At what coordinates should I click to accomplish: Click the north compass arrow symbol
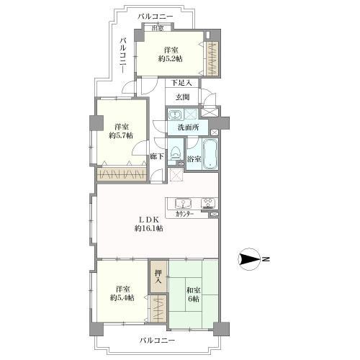250,259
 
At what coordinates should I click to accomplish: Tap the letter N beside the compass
266,259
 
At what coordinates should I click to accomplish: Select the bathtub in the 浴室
210,154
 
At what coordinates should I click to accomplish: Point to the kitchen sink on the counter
184,204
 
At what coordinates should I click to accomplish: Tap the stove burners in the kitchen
209,203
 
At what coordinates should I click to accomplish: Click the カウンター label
184,215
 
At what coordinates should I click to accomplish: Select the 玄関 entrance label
183,97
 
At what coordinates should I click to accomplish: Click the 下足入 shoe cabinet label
181,83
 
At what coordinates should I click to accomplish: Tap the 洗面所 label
188,127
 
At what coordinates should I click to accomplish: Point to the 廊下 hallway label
157,156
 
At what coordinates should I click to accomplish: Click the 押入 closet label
158,276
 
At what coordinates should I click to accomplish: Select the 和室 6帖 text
194,294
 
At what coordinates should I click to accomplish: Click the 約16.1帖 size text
148,228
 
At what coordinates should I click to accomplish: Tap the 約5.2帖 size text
170,58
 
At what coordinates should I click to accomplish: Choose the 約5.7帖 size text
121,135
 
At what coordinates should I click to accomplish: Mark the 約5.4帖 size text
122,298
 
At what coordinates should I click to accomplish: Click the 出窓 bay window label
158,28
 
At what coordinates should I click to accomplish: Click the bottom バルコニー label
157,341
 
